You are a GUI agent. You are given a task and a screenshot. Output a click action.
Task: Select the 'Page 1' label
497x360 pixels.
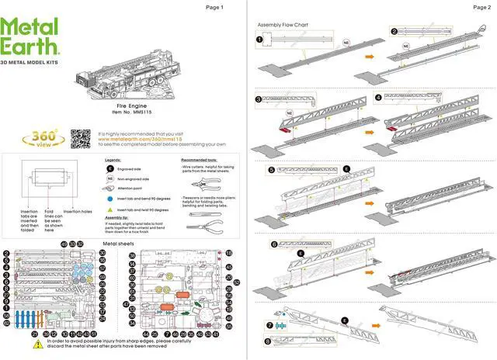coord(214,7)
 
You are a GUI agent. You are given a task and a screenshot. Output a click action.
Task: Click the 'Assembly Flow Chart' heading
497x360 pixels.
coord(280,25)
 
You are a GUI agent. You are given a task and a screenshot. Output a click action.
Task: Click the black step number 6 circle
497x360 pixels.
coord(274,244)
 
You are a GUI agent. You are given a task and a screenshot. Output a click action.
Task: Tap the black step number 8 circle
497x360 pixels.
coord(269,339)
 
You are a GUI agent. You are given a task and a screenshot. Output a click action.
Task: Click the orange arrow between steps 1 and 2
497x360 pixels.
coord(371,57)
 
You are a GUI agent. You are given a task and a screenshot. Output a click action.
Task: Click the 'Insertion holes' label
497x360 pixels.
coord(76,211)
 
